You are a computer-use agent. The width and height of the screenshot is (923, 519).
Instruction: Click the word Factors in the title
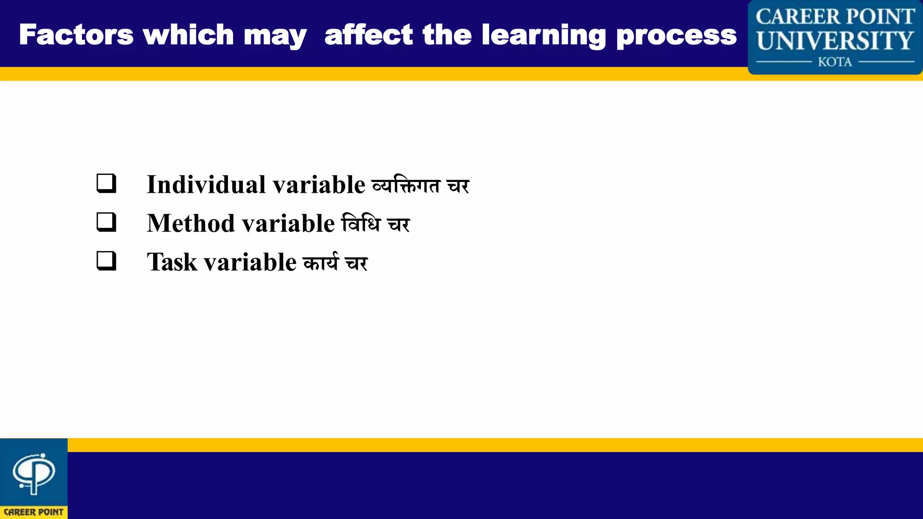[76, 35]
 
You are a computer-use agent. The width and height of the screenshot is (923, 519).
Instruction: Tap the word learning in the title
[544, 35]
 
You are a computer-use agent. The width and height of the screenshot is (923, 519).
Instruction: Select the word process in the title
[676, 35]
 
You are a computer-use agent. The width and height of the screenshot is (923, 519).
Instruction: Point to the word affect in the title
[368, 35]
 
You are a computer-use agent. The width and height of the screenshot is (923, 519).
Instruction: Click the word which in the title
[188, 35]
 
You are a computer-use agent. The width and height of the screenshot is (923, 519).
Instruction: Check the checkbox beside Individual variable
[106, 184]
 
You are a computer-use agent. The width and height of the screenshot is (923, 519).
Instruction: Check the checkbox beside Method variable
[106, 223]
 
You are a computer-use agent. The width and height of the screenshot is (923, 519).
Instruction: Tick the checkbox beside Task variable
[106, 261]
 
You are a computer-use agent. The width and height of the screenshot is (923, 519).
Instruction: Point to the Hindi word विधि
[361, 223]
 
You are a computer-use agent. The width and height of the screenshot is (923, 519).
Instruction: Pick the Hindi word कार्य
[320, 262]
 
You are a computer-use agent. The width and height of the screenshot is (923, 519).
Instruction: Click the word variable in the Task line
[250, 262]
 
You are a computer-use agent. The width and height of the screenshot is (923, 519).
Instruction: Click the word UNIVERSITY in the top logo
[835, 41]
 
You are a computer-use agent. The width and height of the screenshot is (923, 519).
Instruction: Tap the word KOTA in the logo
[835, 62]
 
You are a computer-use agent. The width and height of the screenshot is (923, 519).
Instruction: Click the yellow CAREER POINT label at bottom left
[34, 512]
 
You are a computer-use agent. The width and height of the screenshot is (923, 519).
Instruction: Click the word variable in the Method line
[288, 223]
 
